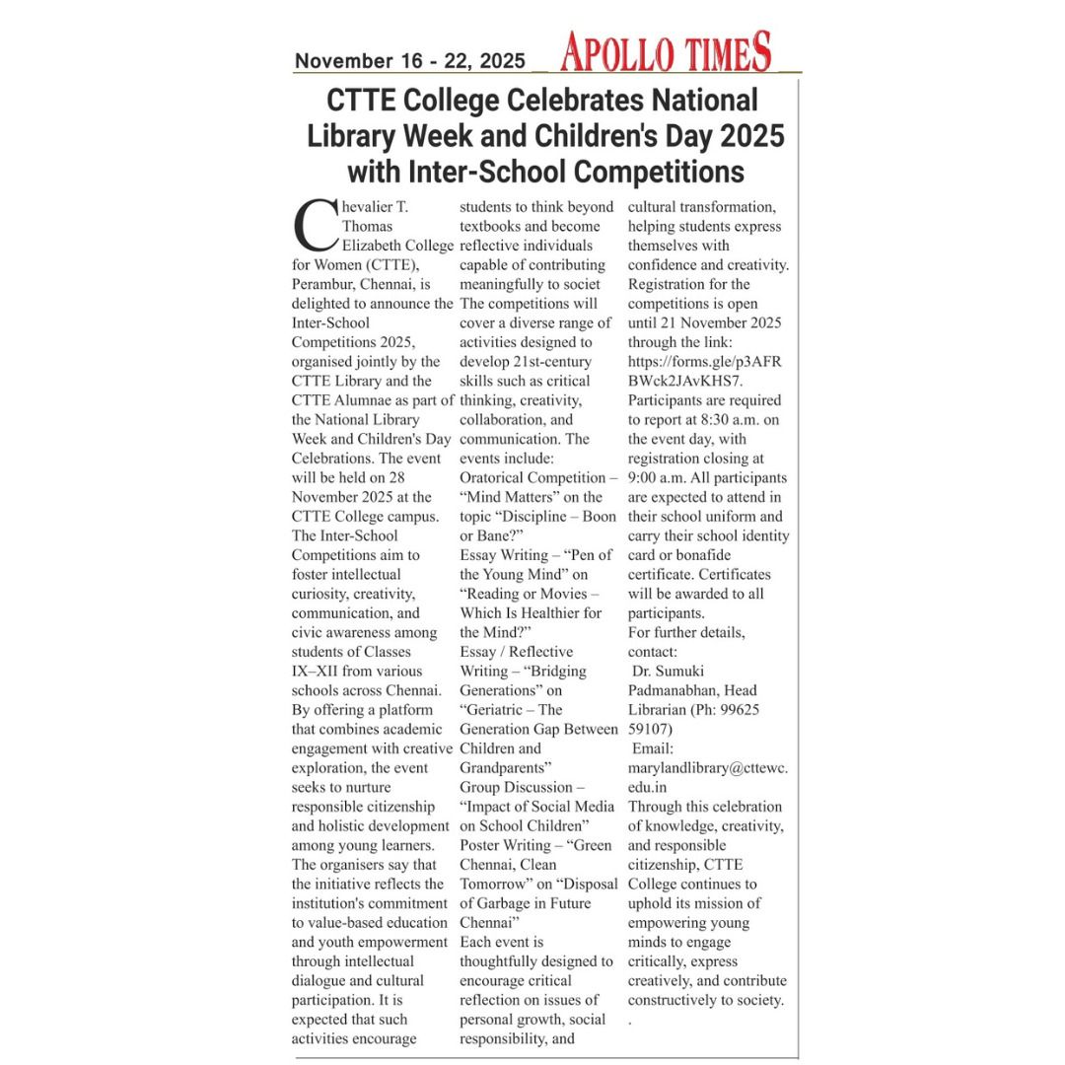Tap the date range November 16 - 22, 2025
[x=409, y=61]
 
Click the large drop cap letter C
[x=315, y=227]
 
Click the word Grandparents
[x=505, y=767]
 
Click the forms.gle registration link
[x=704, y=371]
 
